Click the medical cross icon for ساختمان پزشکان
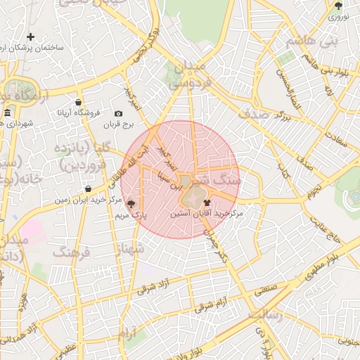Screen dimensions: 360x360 point(30,37)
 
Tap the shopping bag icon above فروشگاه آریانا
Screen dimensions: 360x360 point(79,102)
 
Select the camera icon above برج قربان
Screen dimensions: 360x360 point(118,114)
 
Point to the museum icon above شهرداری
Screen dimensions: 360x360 point(7,113)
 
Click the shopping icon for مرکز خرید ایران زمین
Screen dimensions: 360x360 point(87,188)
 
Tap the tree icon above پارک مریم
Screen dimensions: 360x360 point(131,203)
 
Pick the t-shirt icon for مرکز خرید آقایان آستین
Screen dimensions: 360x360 point(206,202)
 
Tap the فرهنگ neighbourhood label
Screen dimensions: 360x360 point(72,250)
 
